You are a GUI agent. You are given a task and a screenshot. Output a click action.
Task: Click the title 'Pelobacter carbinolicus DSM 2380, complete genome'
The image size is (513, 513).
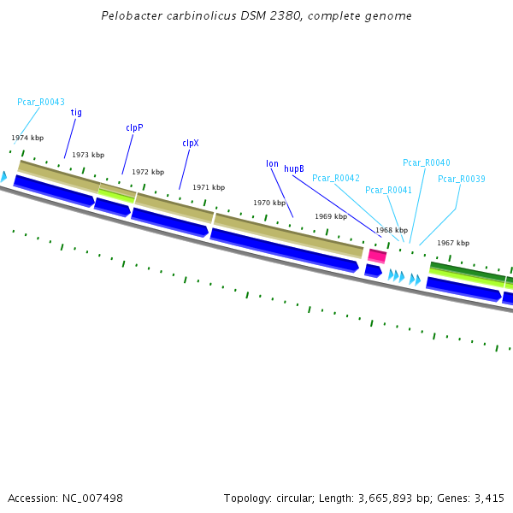click(x=256, y=16)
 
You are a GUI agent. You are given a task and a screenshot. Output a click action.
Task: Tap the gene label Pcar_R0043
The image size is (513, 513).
click(x=41, y=102)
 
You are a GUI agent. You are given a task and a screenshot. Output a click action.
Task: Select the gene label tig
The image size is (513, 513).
click(x=76, y=112)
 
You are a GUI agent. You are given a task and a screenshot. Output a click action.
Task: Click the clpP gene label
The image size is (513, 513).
click(x=134, y=127)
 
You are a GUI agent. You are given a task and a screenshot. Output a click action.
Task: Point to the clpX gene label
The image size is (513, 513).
click(x=190, y=144)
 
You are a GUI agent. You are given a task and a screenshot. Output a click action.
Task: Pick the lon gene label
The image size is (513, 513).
click(x=272, y=163)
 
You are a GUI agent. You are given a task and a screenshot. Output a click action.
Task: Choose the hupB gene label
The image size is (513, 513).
click(x=294, y=169)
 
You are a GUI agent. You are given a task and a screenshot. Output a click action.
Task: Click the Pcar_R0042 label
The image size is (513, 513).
click(x=336, y=178)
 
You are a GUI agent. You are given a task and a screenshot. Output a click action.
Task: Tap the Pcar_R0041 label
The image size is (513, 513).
click(x=388, y=190)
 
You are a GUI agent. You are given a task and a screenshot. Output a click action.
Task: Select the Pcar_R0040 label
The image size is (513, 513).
click(x=427, y=162)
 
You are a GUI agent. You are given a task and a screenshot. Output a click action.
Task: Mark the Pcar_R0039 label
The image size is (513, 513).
click(x=462, y=179)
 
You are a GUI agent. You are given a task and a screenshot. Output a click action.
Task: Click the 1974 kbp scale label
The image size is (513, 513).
click(x=27, y=138)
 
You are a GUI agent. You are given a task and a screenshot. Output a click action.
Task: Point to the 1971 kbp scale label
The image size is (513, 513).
click(x=209, y=187)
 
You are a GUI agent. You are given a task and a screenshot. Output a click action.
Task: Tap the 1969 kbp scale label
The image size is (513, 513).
click(x=331, y=216)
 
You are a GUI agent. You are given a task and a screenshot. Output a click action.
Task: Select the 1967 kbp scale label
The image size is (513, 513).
click(x=453, y=243)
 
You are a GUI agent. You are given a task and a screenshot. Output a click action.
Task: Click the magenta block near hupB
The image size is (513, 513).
click(x=377, y=256)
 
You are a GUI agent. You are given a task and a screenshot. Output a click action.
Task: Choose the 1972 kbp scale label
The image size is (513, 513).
click(x=148, y=172)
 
